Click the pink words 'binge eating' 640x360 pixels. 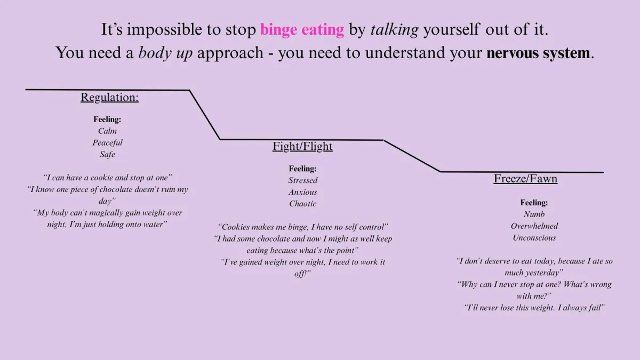(302, 30)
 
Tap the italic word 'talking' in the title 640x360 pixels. (395, 30)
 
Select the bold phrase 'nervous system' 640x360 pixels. (538, 53)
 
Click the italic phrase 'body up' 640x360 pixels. (165, 53)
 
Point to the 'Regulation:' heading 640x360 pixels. (109, 97)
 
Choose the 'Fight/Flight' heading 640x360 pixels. (302, 146)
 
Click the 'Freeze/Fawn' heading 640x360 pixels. (525, 179)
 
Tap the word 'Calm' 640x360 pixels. (107, 131)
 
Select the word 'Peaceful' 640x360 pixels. (107, 142)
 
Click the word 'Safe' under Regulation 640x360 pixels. (107, 154)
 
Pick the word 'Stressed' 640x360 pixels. (303, 180)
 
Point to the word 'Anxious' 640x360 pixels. (303, 192)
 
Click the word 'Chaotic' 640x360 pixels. (303, 204)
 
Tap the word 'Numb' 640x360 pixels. (534, 214)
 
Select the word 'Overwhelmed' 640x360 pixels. (534, 226)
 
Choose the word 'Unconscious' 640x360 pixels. (534, 238)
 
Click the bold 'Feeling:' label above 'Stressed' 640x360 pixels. (302, 169)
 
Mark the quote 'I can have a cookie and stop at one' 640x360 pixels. (107, 178)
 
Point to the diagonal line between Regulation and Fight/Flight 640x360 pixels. (205, 115)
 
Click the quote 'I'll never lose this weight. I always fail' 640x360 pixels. (534, 308)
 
